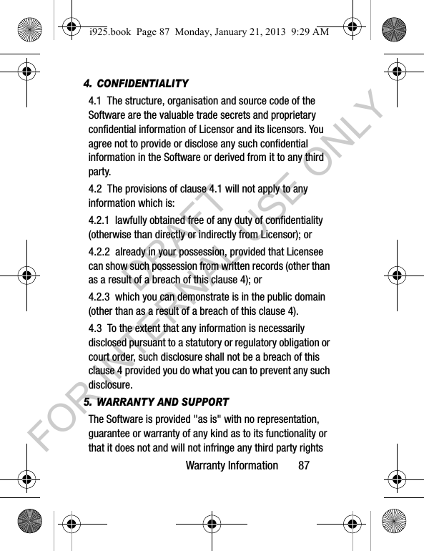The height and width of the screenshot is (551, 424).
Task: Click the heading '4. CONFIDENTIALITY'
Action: [136, 84]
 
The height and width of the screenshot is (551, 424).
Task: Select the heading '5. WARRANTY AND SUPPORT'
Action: [156, 402]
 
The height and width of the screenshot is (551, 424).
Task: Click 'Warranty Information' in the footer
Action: [232, 466]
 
